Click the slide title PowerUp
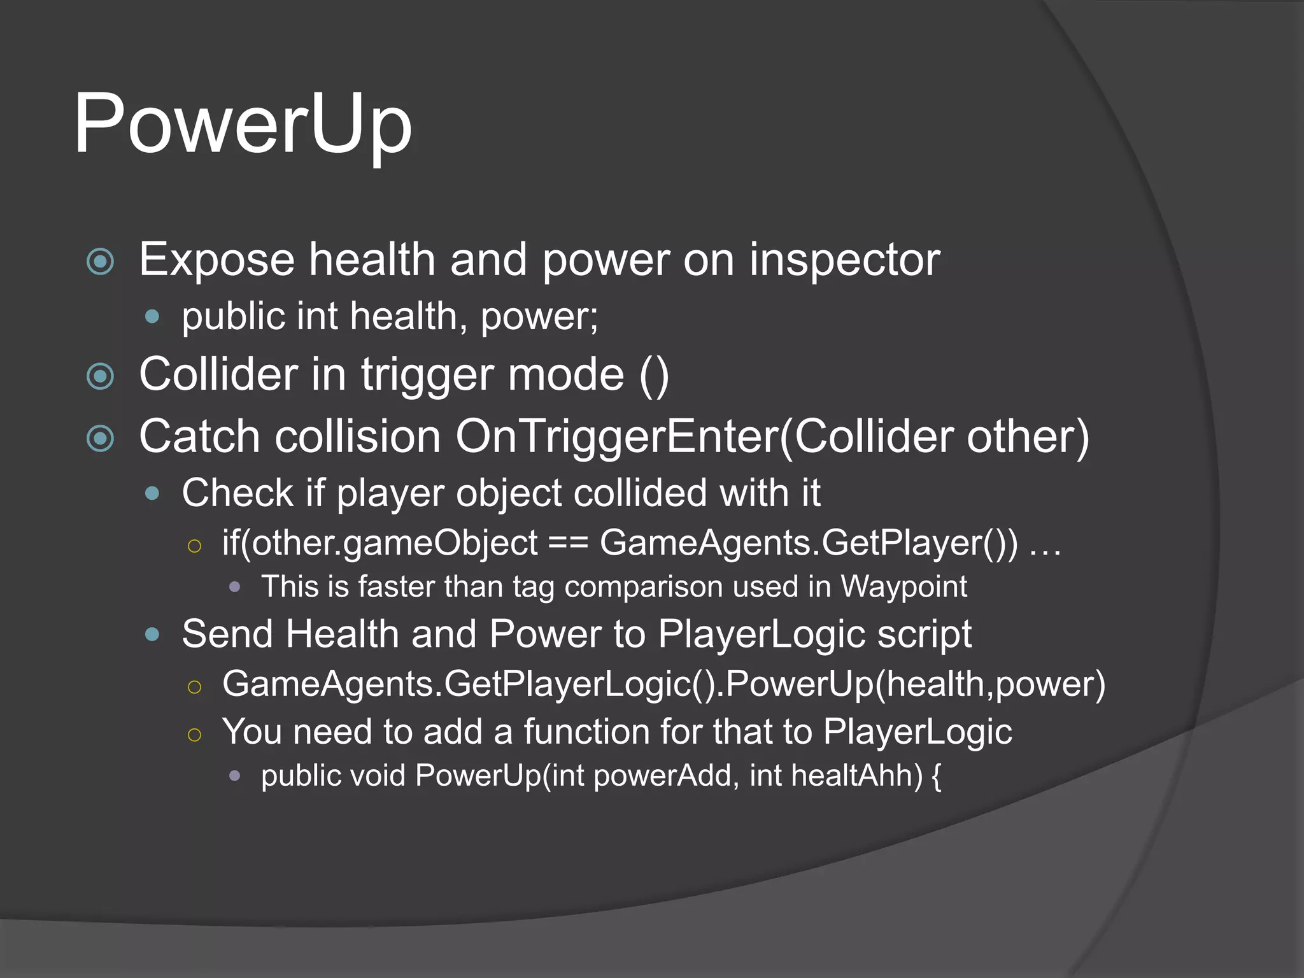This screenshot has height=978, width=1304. tap(243, 124)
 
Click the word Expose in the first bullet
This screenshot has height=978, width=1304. tap(216, 260)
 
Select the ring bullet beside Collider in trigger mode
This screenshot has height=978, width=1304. tap(100, 376)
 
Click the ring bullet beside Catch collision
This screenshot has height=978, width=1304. tap(100, 438)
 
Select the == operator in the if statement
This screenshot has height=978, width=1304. tap(568, 543)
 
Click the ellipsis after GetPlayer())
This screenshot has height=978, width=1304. tap(1045, 544)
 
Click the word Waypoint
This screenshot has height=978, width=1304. tap(904, 587)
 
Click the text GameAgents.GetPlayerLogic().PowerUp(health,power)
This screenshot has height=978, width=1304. tap(663, 684)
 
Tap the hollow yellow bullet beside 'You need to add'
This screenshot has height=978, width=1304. tap(195, 735)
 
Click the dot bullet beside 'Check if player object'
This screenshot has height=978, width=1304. tap(152, 493)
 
